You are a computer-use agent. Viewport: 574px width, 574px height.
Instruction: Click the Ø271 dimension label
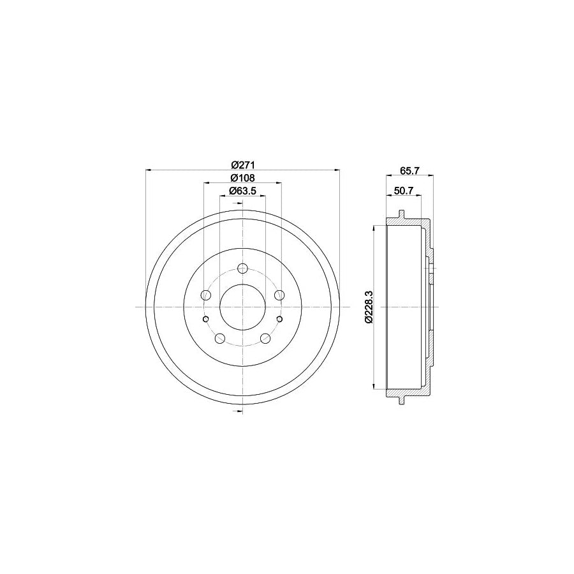point(242,163)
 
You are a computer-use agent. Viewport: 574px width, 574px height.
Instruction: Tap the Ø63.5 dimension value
point(242,190)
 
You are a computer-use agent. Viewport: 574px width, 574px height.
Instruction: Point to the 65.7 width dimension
point(410,170)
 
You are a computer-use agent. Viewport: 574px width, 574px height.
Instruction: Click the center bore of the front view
point(242,307)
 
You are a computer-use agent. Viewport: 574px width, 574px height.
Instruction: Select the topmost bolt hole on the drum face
point(242,269)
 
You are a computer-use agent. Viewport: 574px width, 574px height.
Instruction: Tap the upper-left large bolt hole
point(206,295)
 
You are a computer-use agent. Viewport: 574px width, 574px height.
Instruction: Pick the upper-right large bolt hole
point(279,295)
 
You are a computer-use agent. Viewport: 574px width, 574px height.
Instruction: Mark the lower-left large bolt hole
point(220,338)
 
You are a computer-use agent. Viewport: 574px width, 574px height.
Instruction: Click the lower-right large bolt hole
point(265,338)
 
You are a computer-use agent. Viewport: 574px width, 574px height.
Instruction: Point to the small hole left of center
point(205,319)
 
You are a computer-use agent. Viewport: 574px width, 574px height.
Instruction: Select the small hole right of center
point(279,319)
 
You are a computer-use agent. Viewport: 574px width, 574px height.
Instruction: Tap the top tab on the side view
point(402,214)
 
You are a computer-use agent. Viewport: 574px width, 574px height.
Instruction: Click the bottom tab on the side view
point(402,400)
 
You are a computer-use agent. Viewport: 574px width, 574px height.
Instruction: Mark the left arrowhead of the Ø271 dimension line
point(149,170)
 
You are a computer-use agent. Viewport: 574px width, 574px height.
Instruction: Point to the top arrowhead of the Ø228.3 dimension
point(372,227)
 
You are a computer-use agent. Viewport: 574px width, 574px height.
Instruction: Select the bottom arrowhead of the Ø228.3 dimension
point(372,386)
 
